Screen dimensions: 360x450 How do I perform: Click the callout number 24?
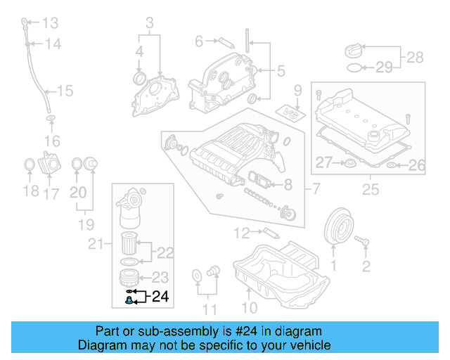[x=160, y=297]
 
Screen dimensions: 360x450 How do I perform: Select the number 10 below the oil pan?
[x=250, y=307]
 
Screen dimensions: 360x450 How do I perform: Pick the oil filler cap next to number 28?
[x=353, y=51]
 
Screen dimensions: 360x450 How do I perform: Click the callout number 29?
[x=383, y=67]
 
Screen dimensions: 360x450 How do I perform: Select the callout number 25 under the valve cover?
[x=369, y=188]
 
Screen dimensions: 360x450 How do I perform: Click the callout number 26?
[x=417, y=166]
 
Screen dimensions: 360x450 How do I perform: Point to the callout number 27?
[x=323, y=163]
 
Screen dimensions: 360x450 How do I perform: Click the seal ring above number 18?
[x=29, y=165]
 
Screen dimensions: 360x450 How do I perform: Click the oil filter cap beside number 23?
[x=129, y=276]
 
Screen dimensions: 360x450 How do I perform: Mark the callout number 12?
[x=242, y=231]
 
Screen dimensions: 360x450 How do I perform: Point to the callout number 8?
[x=287, y=186]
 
